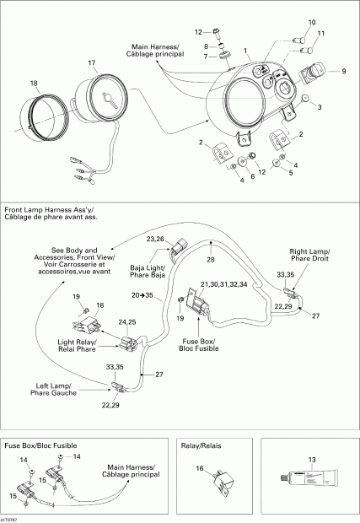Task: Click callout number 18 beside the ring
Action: pyautogui.click(x=34, y=83)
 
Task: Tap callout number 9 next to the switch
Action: pyautogui.click(x=342, y=72)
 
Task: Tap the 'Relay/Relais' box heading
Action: pyautogui.click(x=203, y=443)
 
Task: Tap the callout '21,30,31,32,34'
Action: pyautogui.click(x=223, y=284)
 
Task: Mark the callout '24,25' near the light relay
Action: pyautogui.click(x=128, y=321)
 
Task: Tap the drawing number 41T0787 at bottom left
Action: pyautogui.click(x=12, y=518)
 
